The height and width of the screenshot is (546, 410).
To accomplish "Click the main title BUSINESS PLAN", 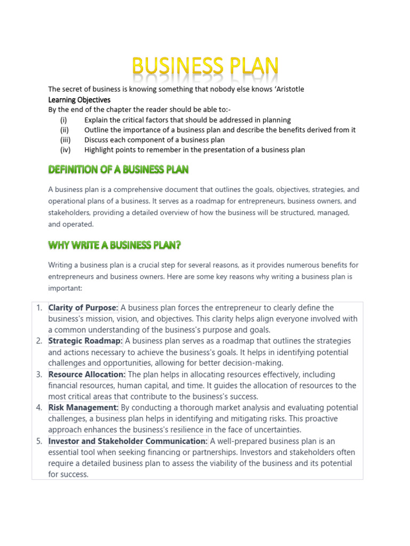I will point(205,68).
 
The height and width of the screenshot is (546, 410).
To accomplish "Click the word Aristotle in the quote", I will point(287,89).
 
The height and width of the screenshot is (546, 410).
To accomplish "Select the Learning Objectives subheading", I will point(79,100).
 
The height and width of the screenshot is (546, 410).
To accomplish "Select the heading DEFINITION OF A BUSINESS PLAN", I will point(118,170).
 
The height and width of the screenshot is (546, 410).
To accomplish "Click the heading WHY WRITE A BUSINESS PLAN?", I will point(114,245).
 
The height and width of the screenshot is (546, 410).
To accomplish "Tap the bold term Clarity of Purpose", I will point(83,308).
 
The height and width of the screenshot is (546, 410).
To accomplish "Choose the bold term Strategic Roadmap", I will point(85,341).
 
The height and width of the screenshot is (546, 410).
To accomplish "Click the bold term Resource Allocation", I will point(87,374).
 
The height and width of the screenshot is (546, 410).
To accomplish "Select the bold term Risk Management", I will point(83,407).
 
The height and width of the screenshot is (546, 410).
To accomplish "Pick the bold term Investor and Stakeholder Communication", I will point(128,441).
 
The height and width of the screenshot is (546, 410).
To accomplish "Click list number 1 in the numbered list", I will point(39,308).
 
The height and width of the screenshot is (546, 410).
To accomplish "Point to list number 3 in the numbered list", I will point(39,374).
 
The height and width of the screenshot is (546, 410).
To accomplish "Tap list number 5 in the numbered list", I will point(39,441).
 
